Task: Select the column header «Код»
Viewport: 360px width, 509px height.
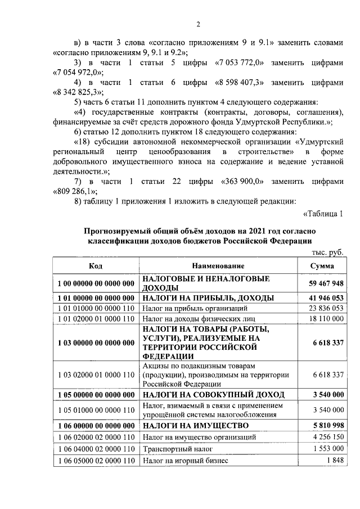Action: click(95, 265)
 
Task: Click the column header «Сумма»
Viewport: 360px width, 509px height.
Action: click(322, 265)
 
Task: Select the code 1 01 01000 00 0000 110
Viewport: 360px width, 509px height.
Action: click(95, 308)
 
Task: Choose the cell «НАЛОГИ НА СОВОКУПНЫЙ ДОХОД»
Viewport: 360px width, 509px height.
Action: click(213, 394)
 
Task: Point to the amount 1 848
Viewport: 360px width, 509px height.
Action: click(334, 461)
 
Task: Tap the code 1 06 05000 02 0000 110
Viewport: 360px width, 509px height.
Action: click(95, 461)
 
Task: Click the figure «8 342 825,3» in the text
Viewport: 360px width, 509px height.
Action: click(78, 92)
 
